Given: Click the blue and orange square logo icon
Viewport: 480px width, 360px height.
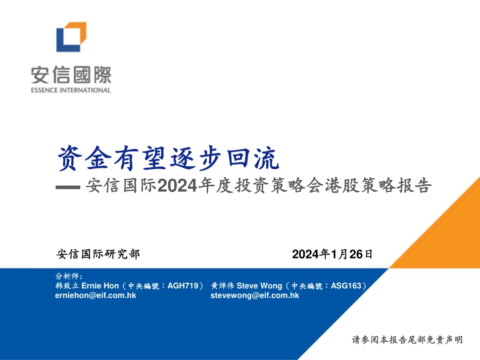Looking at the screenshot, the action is coord(71,37).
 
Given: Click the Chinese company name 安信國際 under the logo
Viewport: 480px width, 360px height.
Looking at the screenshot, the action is coord(71,75).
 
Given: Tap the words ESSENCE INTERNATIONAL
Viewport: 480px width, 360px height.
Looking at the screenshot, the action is coord(71,90).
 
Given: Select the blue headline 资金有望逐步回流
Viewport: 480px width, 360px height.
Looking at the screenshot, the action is coord(168,158).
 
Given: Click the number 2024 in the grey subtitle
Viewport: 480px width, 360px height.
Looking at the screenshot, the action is coord(177,186).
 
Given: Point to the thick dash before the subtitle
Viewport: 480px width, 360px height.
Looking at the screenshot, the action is coord(68,187).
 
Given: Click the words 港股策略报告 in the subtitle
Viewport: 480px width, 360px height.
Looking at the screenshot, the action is coord(378,185).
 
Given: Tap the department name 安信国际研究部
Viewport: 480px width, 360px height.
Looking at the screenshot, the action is coord(98,254).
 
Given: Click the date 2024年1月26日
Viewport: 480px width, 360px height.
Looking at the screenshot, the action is coord(332,254).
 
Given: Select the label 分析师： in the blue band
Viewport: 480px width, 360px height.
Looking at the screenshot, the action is coord(69,276).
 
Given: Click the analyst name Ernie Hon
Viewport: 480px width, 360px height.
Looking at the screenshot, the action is coord(100,286).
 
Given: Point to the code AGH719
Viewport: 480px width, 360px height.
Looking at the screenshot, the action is coord(183,286).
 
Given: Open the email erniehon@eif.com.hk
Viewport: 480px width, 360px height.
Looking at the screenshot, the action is coord(95,295).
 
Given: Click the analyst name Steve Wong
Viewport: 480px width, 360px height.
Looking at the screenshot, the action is coord(259,286).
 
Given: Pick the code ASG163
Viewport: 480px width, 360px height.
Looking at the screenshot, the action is coord(346,286).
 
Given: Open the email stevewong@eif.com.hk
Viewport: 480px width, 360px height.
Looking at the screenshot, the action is coord(255,295).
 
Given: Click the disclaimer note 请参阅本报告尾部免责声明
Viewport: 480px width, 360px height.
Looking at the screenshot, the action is coord(407,340).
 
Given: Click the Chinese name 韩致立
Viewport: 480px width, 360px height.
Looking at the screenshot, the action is coord(67,286).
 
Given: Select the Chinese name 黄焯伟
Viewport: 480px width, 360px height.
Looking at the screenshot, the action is coord(222,286).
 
